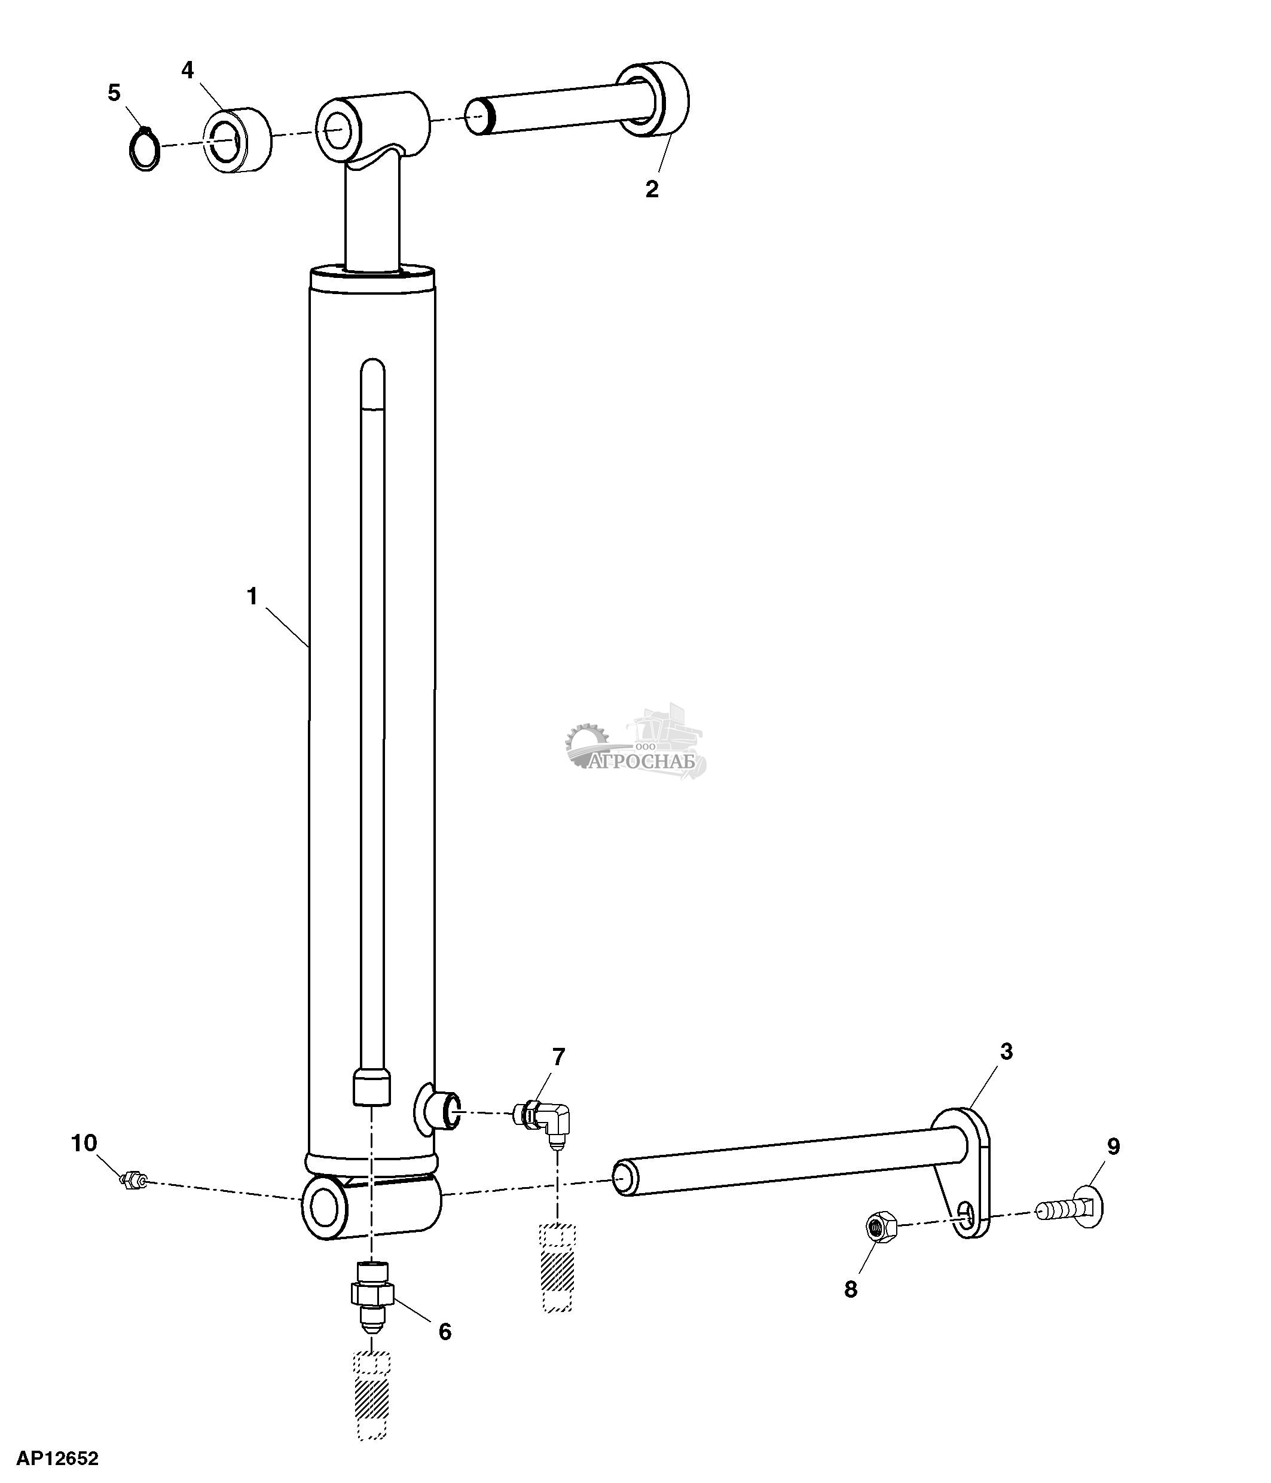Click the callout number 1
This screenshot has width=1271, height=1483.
click(x=251, y=596)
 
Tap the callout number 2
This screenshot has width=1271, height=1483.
click(x=651, y=189)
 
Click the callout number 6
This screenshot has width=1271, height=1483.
click(x=444, y=1331)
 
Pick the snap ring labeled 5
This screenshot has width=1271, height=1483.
click(x=144, y=148)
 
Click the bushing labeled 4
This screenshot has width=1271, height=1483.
click(x=239, y=140)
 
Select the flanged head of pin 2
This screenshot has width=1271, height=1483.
click(x=653, y=99)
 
